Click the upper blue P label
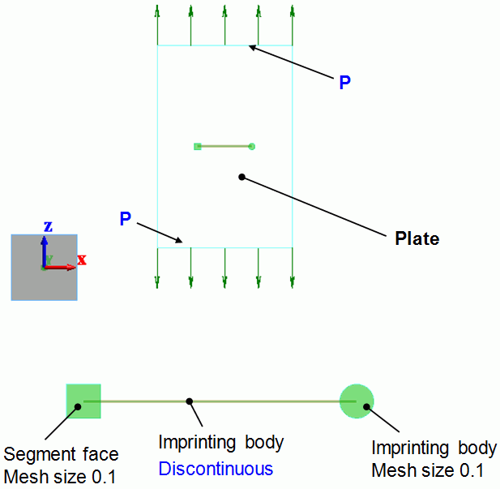(345, 83)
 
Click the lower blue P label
(125, 219)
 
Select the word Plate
(417, 238)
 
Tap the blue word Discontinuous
(216, 469)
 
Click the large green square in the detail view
(83, 401)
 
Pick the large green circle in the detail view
(356, 401)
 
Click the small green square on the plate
(198, 146)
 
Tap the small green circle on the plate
(252, 146)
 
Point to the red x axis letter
(82, 260)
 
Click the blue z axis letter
(48, 226)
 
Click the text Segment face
(61, 454)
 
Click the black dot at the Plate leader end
(241, 176)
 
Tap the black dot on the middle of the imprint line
(189, 401)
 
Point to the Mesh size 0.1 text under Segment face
(60, 474)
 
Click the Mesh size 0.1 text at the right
(427, 469)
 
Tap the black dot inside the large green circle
(367, 406)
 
